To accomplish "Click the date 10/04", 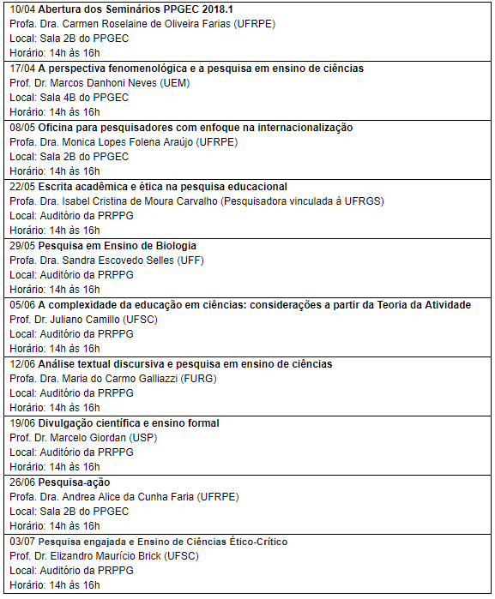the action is click(22, 9).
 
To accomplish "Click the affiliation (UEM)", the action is click(178, 83).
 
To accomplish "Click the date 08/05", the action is click(22, 128).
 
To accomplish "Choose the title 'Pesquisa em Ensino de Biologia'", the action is click(118, 246).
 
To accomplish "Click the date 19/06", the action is click(22, 423).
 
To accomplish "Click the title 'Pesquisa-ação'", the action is click(75, 482).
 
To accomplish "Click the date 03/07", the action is click(22, 542).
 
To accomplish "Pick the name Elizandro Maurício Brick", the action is click(120, 556).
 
